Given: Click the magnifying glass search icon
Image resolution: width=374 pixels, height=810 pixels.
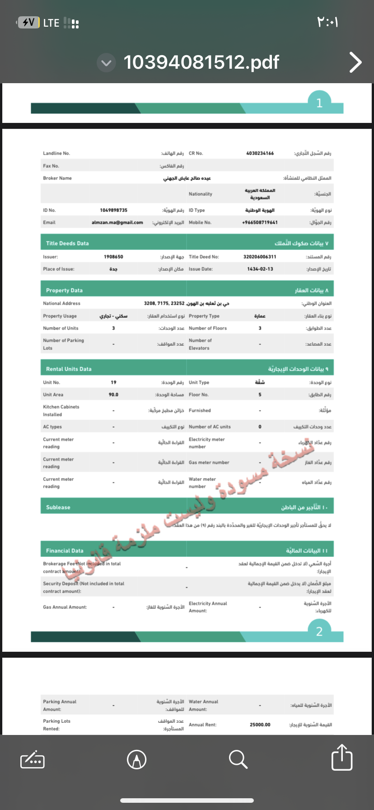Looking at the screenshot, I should click(x=238, y=759).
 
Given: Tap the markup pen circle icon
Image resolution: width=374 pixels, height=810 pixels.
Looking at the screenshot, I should click(x=136, y=759).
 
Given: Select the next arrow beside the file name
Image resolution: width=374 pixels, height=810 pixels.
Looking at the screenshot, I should click(x=355, y=62).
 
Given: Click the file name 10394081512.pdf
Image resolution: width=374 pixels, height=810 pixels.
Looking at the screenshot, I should click(x=201, y=62).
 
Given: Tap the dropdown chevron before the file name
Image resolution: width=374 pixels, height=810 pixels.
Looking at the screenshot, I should click(x=106, y=63).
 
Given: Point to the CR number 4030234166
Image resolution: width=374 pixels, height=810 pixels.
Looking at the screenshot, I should click(x=260, y=153).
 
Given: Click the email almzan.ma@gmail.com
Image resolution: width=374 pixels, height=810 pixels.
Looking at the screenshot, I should click(x=117, y=222).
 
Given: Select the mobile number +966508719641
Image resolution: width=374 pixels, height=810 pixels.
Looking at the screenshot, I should click(x=260, y=222).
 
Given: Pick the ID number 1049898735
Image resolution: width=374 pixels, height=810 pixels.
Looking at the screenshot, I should click(x=113, y=210).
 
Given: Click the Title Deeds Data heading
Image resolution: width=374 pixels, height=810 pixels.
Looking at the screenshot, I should click(x=67, y=243).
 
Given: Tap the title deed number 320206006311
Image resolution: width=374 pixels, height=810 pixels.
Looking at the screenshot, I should click(x=260, y=257).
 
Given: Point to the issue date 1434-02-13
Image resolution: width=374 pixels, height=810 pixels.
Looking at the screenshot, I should click(x=260, y=269).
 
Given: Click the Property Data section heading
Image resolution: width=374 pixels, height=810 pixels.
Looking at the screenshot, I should click(x=64, y=290).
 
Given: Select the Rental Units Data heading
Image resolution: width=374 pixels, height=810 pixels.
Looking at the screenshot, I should click(x=69, y=369).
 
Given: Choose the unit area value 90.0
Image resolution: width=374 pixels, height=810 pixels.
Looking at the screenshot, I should click(x=113, y=395).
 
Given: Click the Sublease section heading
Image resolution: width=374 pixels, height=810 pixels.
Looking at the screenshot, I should click(x=58, y=507).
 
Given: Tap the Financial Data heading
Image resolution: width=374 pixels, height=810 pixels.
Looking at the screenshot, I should click(x=65, y=551).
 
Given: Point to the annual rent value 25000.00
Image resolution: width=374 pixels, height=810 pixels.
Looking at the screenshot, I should click(x=260, y=725).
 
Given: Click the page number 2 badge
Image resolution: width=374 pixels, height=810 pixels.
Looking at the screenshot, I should click(x=319, y=631).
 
